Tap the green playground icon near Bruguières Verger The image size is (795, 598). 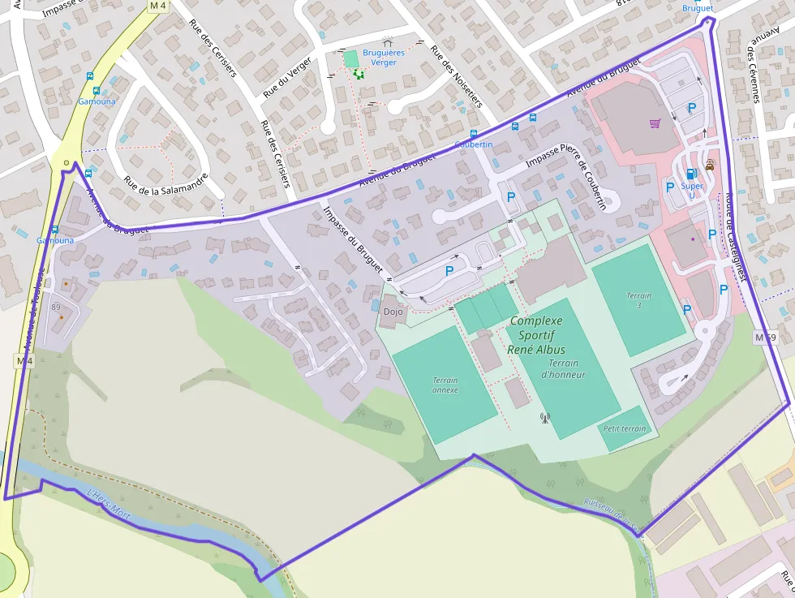pos(358,73)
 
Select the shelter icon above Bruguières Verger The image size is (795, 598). pos(387,41)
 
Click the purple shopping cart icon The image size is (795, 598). pos(655,123)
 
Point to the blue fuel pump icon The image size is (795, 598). pos(691,173)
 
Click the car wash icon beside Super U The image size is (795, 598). pos(710,164)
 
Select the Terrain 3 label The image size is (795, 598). pos(638,301)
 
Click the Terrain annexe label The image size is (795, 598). pos(445,385)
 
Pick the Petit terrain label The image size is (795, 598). pos(625,428)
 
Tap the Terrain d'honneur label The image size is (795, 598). pos(562,369)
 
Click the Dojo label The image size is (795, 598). pos(393,312)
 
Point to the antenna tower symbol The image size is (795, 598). pos(544,419)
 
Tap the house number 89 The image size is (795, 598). pos(56,307)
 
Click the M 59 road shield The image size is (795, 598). pos(765,337)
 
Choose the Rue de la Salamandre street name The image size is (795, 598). pos(166,188)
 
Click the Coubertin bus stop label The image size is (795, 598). pos(474,144)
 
